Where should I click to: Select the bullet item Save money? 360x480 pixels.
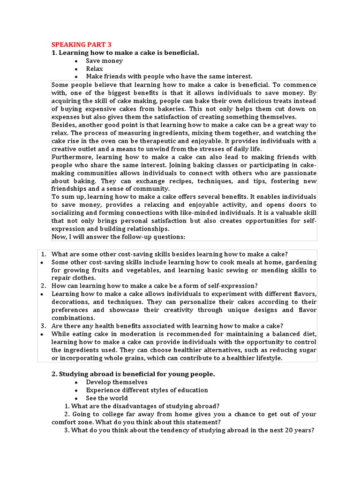point(104,60)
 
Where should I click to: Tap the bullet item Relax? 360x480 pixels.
point(94,68)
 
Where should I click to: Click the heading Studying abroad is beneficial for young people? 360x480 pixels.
point(132,374)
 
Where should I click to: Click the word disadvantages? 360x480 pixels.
point(135,406)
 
